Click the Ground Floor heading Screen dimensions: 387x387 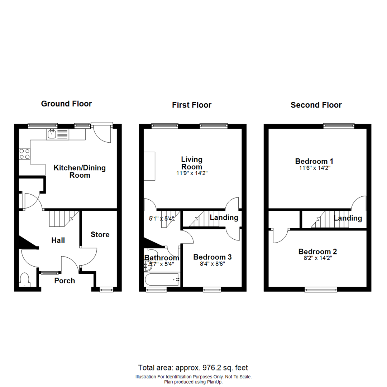(x=66, y=104)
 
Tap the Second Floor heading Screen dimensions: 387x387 (x=316, y=105)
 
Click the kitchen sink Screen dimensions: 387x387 (x=52, y=134)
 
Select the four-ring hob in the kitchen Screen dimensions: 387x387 (x=24, y=154)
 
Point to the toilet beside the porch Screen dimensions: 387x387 (x=25, y=279)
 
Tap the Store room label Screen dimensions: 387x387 (x=100, y=235)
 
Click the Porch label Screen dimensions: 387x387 (x=64, y=281)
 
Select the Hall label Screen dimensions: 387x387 (x=58, y=240)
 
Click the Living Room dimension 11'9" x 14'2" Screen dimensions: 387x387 (x=192, y=173)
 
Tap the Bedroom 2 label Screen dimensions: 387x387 (x=317, y=251)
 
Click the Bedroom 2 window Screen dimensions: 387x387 (x=321, y=289)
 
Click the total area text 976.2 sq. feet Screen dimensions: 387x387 (x=193, y=368)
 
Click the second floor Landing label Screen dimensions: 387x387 (x=348, y=218)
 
